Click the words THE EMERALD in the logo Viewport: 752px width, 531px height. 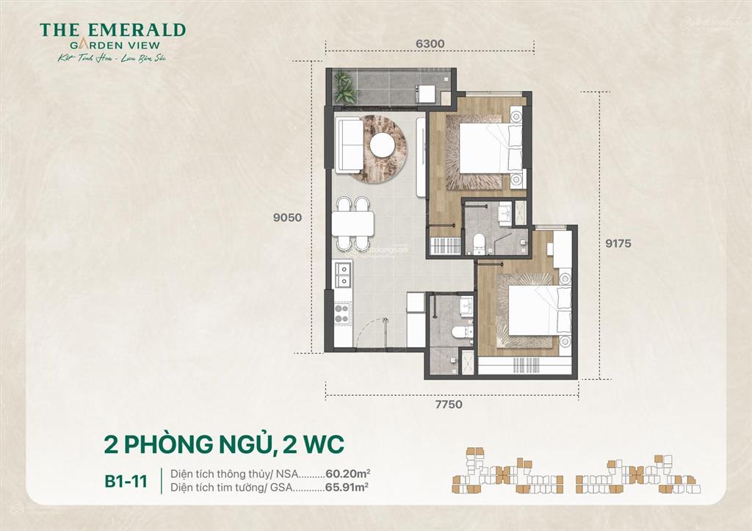click(112, 30)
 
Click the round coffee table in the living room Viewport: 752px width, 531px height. click(385, 145)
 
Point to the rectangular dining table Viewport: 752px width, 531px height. click(352, 223)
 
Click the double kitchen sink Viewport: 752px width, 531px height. click(341, 273)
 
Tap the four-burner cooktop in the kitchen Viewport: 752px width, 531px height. click(341, 314)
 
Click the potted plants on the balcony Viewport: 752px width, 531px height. click(345, 87)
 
